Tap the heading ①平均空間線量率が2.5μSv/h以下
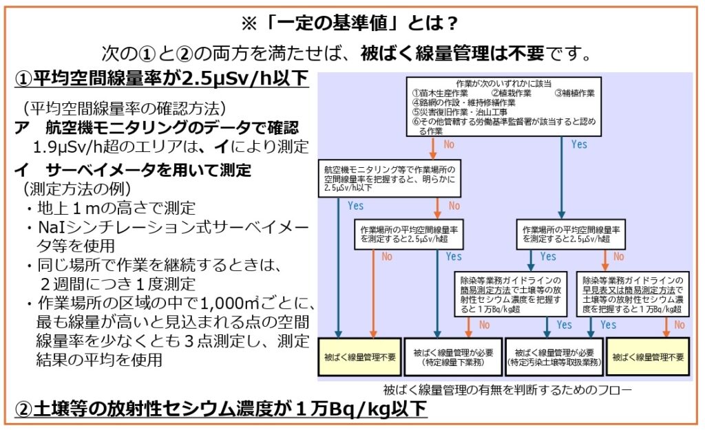pos(162,79)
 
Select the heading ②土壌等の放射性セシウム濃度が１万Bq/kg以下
pos(220,409)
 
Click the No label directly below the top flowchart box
pos(449,145)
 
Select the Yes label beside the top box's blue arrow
pos(579,144)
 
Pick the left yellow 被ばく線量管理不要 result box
pos(360,356)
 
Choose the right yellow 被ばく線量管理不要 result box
pos(649,356)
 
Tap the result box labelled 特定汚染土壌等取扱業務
pos(554,356)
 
